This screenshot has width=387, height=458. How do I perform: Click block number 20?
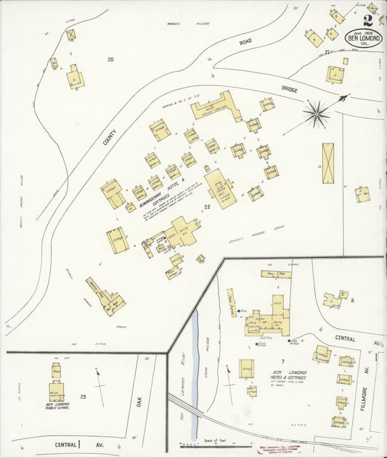110,59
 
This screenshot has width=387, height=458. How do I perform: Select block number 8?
353,299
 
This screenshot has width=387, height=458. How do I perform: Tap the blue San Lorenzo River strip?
194,348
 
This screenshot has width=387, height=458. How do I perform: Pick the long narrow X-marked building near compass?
329,163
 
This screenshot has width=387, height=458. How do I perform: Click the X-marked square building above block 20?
70,35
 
